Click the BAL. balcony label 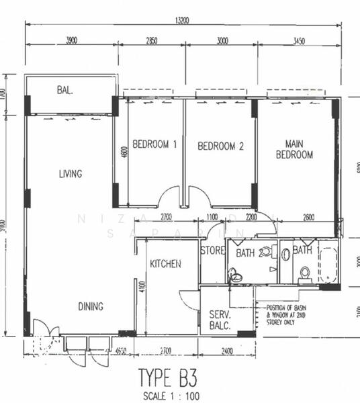pos(64,89)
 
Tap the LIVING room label pos(70,174)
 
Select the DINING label pos(90,307)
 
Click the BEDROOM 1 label pos(154,144)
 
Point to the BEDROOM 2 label pos(220,146)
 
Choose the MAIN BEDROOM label pos(299,149)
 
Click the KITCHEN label pos(165,264)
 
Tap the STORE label pos(212,251)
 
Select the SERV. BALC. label pos(220,320)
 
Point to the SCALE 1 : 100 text pos(171,396)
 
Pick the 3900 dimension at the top pos(71,41)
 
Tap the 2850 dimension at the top pos(152,41)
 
